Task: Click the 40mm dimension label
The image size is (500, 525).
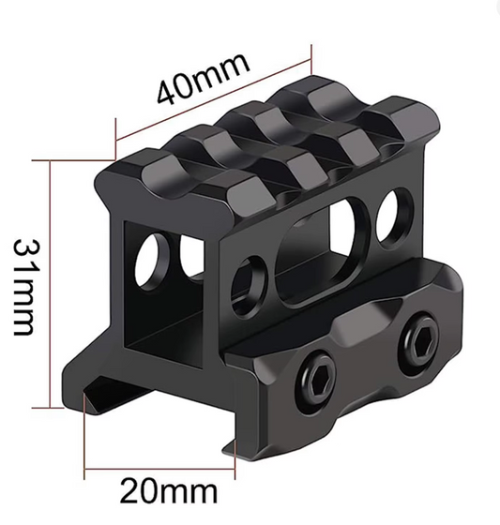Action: (x=204, y=80)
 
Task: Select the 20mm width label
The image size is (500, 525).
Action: (x=170, y=490)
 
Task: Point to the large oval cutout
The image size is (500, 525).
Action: (x=315, y=257)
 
